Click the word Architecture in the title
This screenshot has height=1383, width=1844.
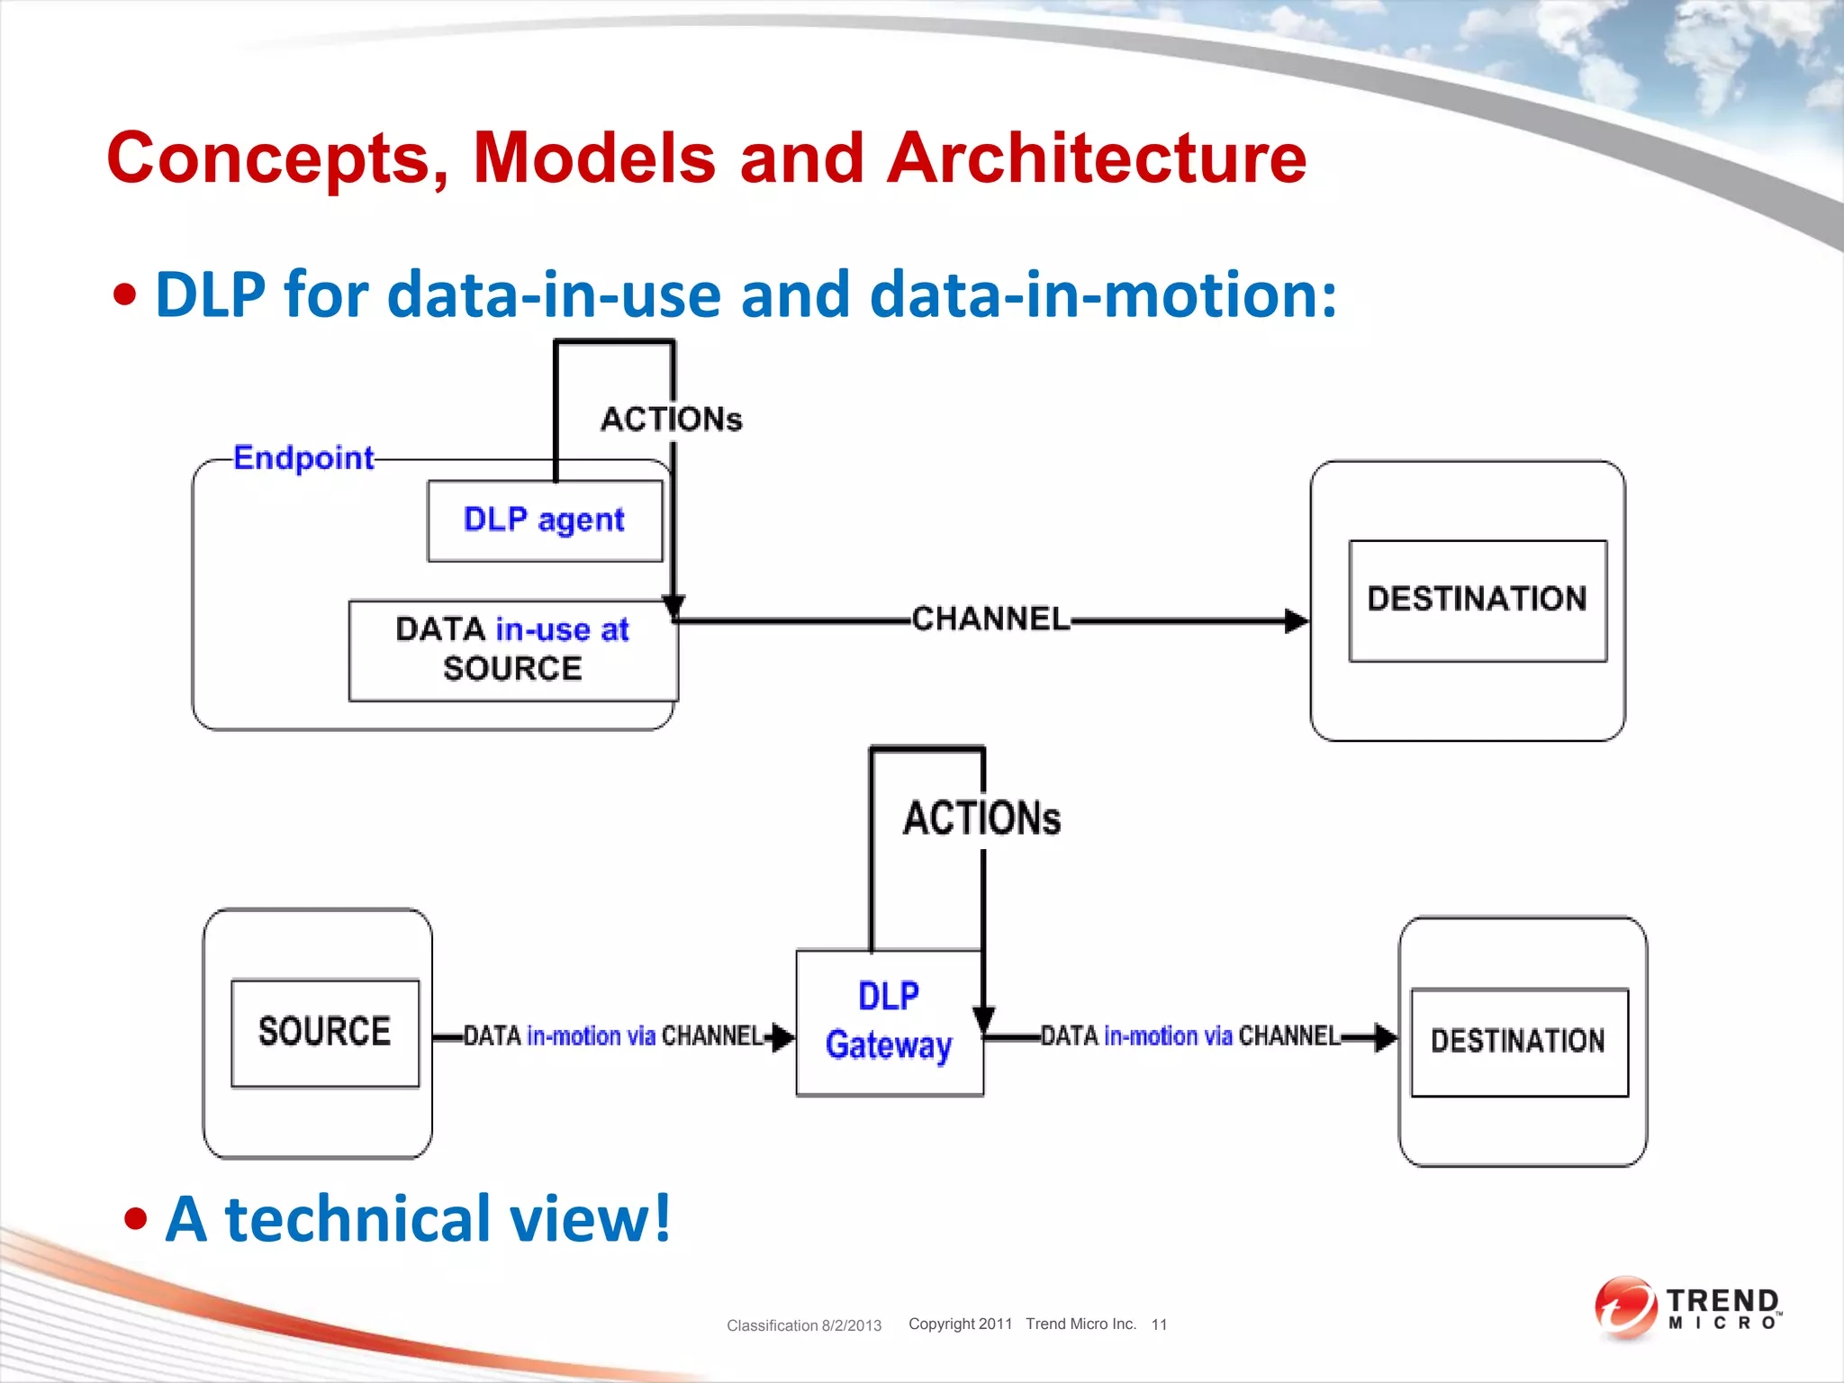pos(1096,159)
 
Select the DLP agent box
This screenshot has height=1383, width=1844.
pos(544,520)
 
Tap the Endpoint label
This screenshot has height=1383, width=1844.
pos(303,458)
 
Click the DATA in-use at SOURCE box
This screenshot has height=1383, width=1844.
pos(512,650)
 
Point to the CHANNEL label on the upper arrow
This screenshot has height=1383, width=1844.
pos(990,619)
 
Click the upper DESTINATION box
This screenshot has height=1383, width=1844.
pos(1477,600)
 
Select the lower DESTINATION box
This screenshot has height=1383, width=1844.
pos(1518,1042)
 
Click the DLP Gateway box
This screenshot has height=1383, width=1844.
pos(889,1022)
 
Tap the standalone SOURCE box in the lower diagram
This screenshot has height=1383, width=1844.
pos(324,1033)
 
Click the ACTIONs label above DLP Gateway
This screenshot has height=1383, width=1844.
pos(981,818)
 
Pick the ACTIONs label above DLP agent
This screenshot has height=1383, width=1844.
pos(671,420)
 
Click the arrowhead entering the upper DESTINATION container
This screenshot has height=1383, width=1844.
pos(1297,620)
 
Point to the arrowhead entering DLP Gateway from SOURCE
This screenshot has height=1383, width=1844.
pos(782,1037)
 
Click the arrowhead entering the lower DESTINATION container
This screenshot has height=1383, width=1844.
pos(1385,1038)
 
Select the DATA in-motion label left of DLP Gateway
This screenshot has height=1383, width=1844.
pos(612,1036)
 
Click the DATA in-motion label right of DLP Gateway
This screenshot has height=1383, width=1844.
pos(1190,1036)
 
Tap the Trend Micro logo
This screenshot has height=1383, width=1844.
pos(1686,1308)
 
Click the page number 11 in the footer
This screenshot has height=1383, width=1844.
pos(1159,1324)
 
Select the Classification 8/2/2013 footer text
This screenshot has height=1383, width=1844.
pos(803,1325)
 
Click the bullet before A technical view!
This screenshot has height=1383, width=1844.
pos(136,1220)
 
